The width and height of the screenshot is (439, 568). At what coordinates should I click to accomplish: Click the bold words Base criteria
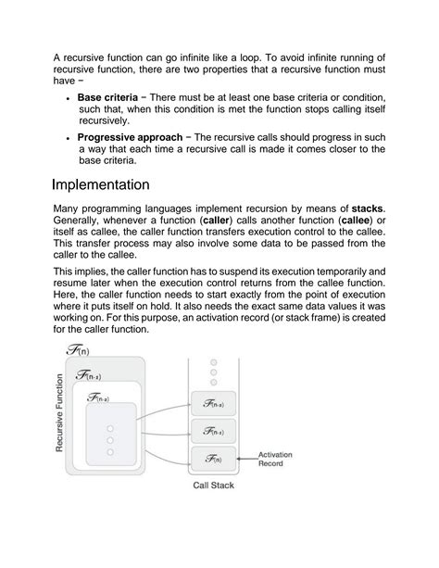107,96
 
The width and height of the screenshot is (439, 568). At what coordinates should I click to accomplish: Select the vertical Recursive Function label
60,413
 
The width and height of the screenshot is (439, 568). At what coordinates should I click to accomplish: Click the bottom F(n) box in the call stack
212,458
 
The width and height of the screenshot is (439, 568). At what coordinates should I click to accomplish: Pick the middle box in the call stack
212,431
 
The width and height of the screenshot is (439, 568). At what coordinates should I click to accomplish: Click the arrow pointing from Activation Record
245,456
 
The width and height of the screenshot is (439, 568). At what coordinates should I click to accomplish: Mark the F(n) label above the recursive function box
79,349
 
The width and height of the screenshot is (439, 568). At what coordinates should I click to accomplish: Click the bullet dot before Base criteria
70,97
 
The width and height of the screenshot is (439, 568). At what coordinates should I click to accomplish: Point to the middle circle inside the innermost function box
110,440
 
